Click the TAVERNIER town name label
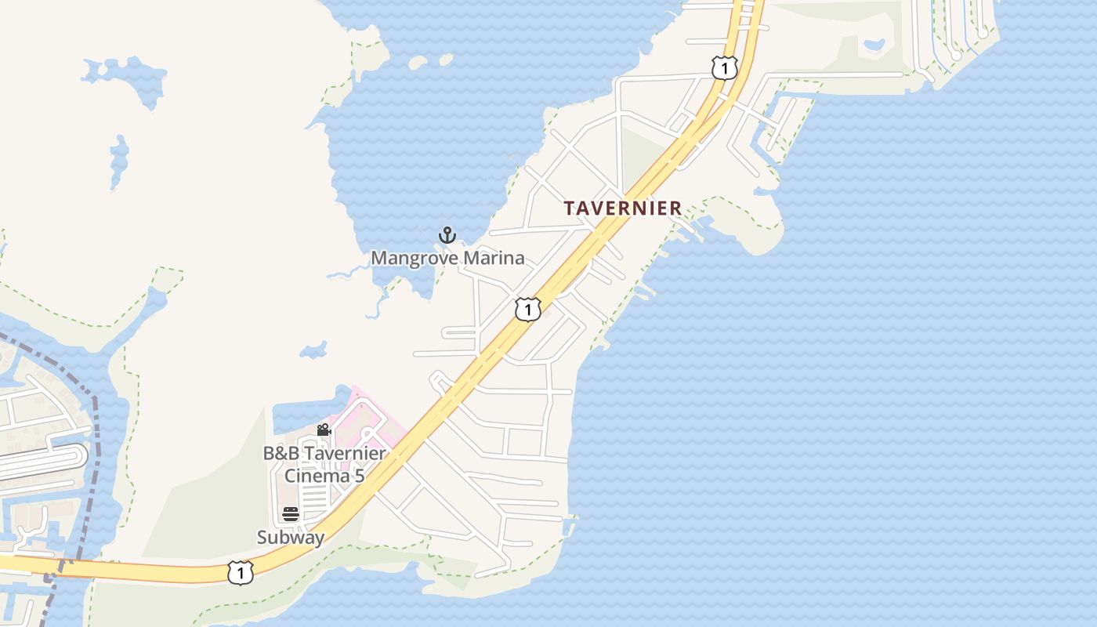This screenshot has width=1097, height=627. [x=623, y=208]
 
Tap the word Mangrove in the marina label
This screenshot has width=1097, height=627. [x=410, y=258]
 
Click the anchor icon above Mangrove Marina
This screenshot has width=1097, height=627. [x=447, y=235]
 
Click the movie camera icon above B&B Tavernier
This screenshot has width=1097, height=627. [x=324, y=429]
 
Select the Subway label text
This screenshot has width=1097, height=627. [x=291, y=538]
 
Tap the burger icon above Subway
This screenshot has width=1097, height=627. [x=291, y=514]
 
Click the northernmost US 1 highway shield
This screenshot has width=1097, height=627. [x=725, y=68]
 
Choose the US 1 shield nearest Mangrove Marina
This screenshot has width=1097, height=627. [x=528, y=310]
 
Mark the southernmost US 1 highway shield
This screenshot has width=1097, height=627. [x=240, y=573]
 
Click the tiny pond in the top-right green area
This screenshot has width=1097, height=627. [x=874, y=45]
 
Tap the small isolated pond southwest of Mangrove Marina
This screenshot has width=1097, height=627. [x=314, y=349]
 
